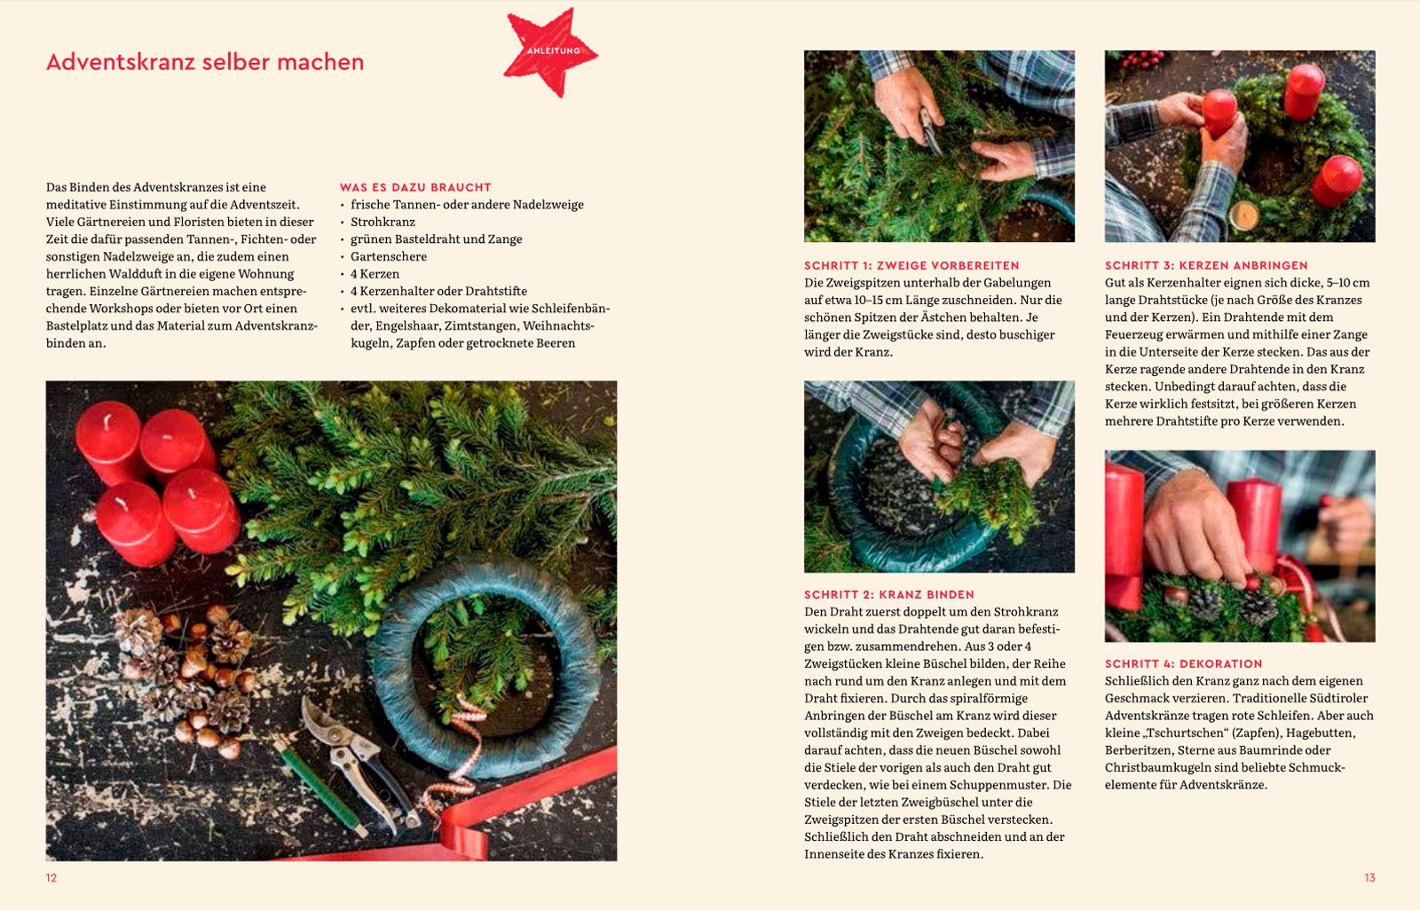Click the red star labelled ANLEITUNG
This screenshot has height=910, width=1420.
click(x=551, y=52)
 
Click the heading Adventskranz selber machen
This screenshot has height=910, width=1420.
click(x=205, y=62)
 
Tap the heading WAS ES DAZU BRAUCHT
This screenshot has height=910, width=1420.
click(x=415, y=187)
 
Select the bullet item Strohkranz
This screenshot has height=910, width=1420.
click(x=383, y=222)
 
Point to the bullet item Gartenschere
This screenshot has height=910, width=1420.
click(x=389, y=256)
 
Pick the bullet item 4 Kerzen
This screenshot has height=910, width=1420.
click(x=375, y=274)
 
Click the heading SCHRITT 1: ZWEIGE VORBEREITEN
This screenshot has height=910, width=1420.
click(x=911, y=265)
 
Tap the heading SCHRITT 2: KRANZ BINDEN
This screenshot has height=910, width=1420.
click(x=889, y=594)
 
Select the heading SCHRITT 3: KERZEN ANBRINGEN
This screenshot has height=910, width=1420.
click(x=1206, y=265)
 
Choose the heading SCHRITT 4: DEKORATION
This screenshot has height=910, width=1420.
click(x=1184, y=663)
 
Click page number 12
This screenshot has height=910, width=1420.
click(x=51, y=878)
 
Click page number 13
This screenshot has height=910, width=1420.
click(x=1370, y=878)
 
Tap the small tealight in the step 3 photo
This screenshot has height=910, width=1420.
click(x=1243, y=216)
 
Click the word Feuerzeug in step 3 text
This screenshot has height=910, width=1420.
click(x=1137, y=334)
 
